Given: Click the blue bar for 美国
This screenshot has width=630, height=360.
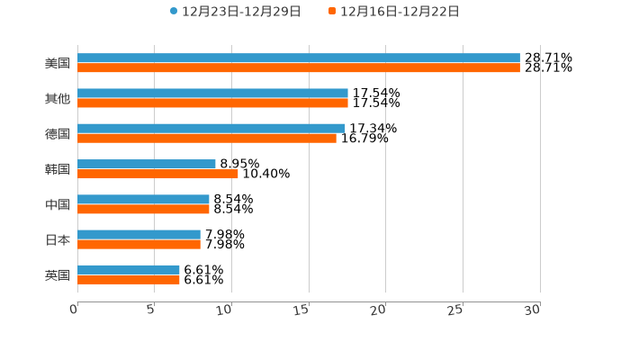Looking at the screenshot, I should coord(299,58).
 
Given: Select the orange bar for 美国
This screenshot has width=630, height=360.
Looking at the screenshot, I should coord(299,68).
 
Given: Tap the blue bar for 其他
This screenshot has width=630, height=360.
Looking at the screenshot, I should coord(212,94).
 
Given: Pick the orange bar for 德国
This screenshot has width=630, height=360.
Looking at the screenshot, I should coord(207,139).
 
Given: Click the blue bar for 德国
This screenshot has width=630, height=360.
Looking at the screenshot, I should coord(211,129).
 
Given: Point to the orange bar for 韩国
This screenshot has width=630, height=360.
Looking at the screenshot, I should coord(157,174).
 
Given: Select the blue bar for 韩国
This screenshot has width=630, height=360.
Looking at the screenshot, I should coord(147,164).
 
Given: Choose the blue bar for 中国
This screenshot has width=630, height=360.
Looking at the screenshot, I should coord(143,200).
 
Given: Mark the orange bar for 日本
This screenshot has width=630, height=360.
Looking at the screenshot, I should coord(139,245).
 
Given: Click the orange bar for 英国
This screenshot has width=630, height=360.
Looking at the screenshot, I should coord(129,280).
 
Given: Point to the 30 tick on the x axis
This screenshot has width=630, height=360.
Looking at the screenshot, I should coord(533,310).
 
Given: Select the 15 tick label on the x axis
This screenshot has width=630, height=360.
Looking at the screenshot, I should coord(301,310).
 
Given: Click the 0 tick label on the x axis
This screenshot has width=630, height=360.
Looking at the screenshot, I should coord(74,310).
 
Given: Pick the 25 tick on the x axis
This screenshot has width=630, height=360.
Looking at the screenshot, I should coord(455,310).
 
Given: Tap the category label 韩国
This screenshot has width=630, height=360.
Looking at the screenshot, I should coord(58,169).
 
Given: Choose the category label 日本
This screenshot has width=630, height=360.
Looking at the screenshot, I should coord(58,240).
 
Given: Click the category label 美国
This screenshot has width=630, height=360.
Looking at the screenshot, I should coord(58,64).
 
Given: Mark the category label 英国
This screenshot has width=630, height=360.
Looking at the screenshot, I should coord(58,275).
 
